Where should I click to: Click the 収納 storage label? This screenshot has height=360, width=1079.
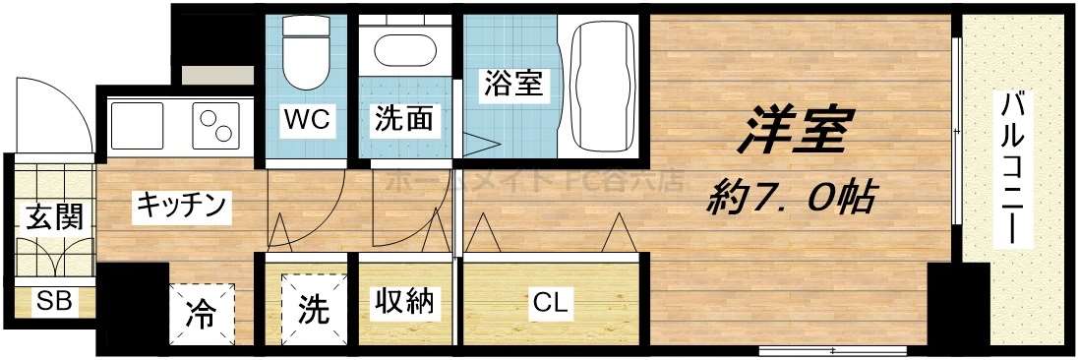coord(403,302)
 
